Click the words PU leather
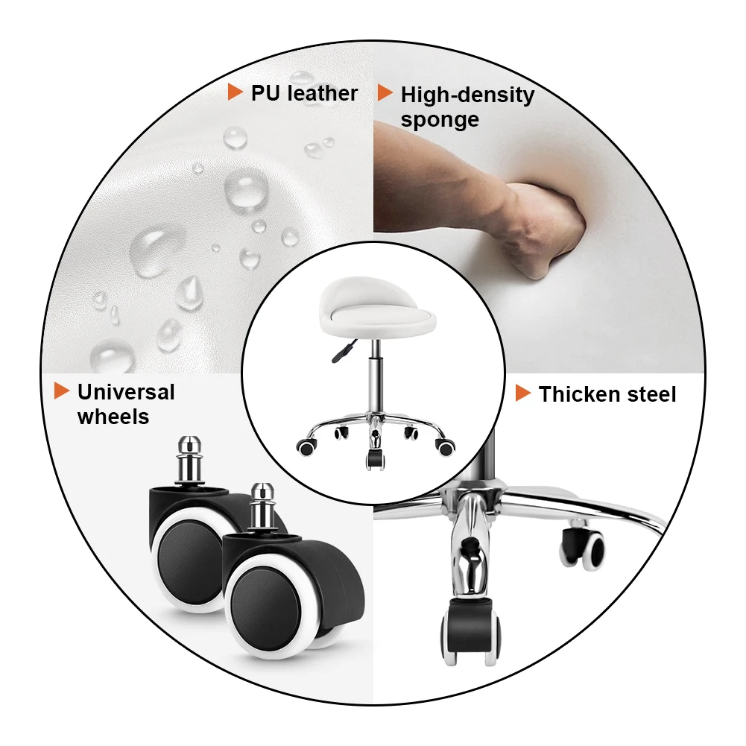tap(304, 92)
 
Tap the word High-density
tap(468, 95)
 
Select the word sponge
tap(440, 120)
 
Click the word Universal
tap(126, 392)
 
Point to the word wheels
tap(113, 417)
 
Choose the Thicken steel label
tap(607, 394)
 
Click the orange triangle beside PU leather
tap(235, 92)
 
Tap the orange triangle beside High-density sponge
tap(385, 92)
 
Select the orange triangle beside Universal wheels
tap(62, 391)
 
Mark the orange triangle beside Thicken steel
tap(523, 393)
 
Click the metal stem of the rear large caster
tap(189, 460)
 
